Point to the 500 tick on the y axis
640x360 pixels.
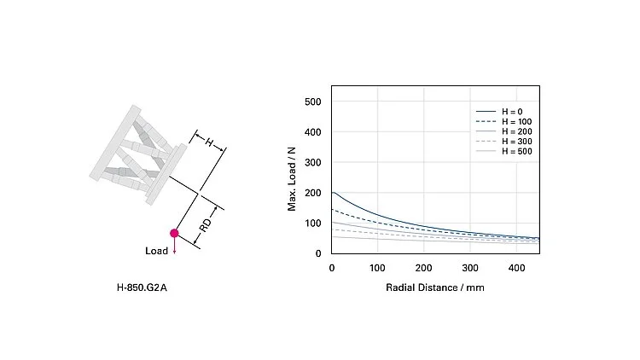(312, 102)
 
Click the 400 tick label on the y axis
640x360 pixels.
(312, 132)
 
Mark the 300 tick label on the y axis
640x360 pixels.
(312, 163)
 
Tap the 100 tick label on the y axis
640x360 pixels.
(312, 224)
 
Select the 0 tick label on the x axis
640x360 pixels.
(332, 269)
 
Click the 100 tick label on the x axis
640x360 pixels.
(378, 269)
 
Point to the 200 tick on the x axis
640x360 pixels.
(424, 269)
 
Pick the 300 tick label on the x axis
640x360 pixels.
(470, 269)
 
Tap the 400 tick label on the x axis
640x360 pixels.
(516, 269)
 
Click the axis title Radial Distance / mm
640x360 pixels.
(435, 287)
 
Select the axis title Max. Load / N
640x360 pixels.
(292, 178)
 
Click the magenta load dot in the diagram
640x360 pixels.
(174, 233)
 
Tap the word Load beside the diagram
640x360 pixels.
(157, 252)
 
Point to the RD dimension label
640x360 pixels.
(206, 226)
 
